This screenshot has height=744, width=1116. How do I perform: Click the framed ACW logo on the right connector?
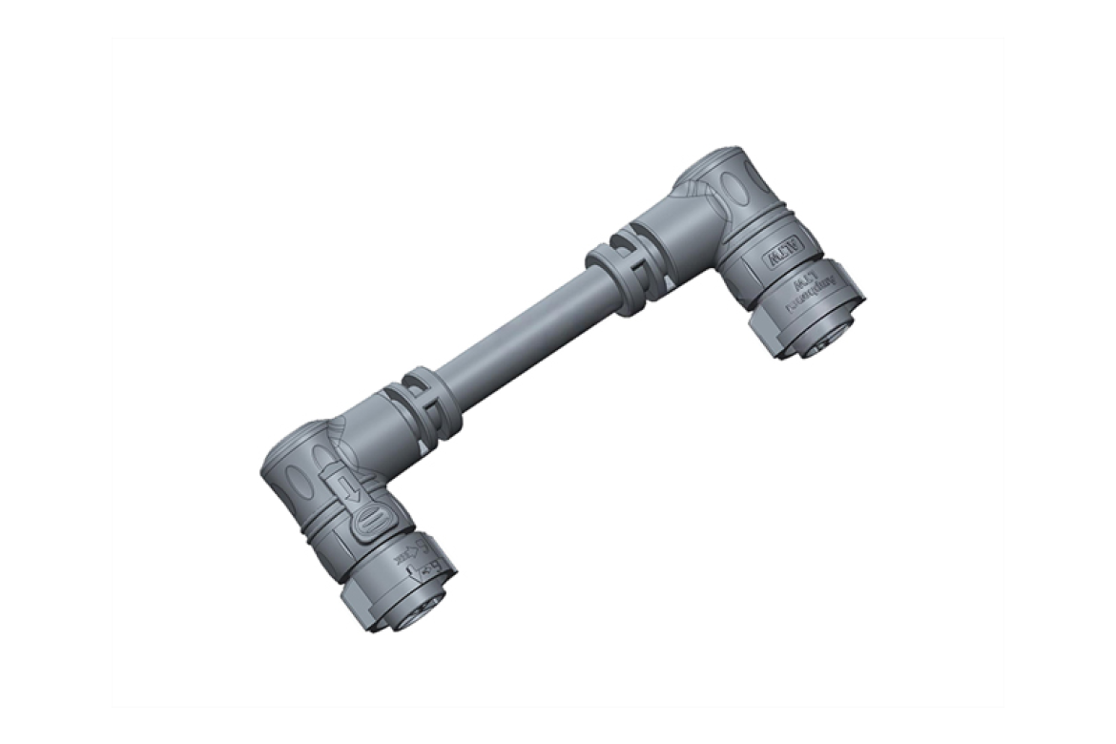pos(781,254)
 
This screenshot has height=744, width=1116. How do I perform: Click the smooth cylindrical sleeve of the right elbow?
pos(668,229)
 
